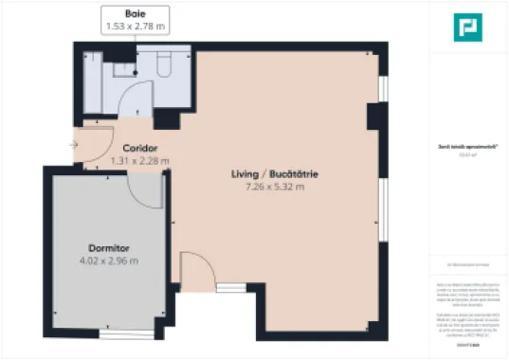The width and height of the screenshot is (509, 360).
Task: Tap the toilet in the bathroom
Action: click(x=161, y=63)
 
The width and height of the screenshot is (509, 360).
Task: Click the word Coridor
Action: click(x=139, y=149)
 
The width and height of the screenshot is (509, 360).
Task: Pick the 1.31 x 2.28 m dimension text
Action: click(x=139, y=161)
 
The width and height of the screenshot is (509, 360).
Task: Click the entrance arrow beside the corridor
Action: click(x=74, y=145)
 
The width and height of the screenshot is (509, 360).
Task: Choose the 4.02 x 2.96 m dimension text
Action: click(x=107, y=261)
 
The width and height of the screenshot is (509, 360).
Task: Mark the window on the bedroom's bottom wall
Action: click(x=126, y=333)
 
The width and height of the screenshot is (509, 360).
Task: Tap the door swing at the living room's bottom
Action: click(x=194, y=268)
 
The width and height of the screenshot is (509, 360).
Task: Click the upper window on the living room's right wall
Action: click(x=383, y=87)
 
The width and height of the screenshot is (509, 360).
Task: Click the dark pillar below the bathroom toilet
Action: click(x=168, y=118)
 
